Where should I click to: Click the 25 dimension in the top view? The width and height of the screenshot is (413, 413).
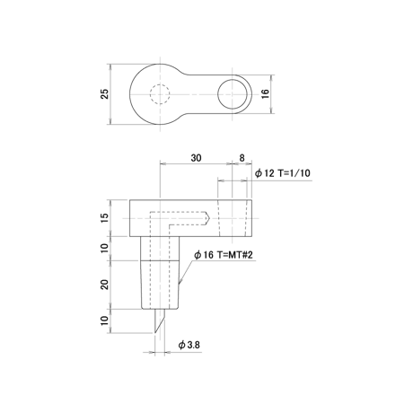[105, 94]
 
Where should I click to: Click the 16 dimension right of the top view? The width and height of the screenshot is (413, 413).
[266, 93]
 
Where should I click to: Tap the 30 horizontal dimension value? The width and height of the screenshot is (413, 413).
[196, 158]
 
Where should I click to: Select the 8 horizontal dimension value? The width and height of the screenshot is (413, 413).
[242, 158]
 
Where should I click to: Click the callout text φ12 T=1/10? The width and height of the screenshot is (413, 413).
[283, 173]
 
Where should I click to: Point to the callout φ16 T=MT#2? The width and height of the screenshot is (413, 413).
[224, 255]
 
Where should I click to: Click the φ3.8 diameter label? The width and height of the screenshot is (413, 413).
[189, 345]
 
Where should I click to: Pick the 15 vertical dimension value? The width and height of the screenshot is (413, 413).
[105, 218]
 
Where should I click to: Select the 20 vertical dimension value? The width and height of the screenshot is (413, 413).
[105, 285]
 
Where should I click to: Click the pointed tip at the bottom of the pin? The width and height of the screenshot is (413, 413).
[155, 332]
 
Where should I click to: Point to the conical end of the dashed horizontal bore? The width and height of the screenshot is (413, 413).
[207, 218]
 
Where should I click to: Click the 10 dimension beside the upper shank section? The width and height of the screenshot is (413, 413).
[105, 248]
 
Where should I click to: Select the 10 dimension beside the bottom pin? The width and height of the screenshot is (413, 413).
[105, 321]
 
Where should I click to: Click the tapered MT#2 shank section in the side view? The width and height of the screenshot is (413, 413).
[160, 285]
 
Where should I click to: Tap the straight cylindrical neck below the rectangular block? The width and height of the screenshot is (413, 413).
[160, 249]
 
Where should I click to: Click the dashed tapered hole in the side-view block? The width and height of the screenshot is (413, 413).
[233, 218]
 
